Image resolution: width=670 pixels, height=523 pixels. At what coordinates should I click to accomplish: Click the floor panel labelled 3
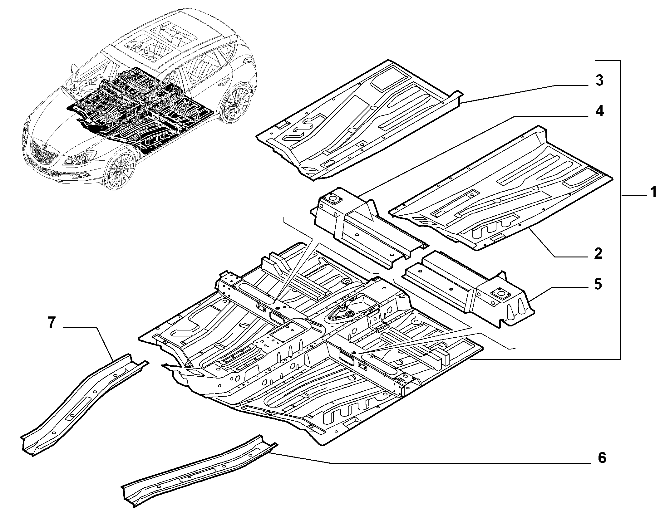(359, 120)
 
